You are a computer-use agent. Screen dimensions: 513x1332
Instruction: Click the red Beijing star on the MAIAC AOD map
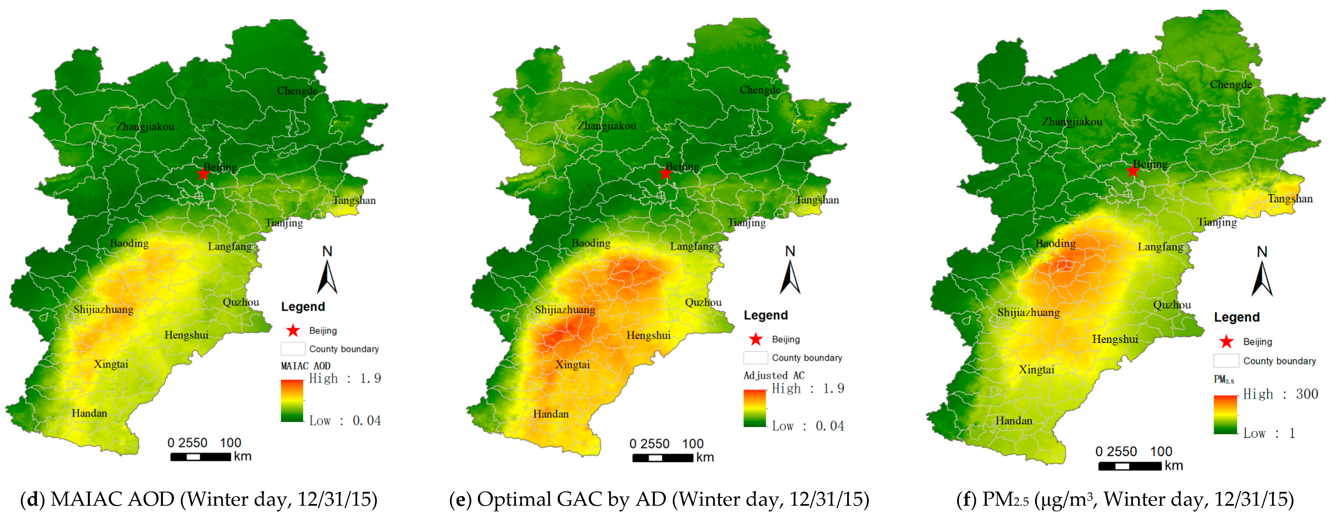pyautogui.click(x=203, y=174)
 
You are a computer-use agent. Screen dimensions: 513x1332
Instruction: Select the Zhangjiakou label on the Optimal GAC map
pyautogui.click(x=607, y=126)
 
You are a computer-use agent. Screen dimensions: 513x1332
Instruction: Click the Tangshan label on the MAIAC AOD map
pyautogui.click(x=354, y=200)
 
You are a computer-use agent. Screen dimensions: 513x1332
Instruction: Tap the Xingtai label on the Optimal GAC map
pyautogui.click(x=573, y=365)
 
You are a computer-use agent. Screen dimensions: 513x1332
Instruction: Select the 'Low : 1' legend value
pyautogui.click(x=1269, y=433)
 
